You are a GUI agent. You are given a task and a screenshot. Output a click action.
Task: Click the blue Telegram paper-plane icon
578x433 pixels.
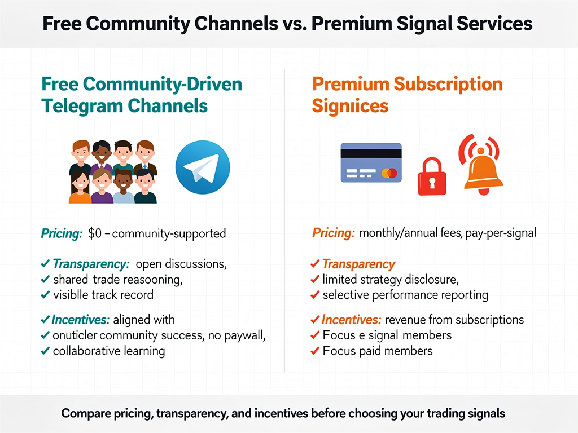coord(203,167)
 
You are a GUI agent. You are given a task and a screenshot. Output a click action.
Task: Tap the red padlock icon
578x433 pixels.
coord(432,176)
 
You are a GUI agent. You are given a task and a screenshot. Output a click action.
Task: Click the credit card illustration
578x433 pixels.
coord(371,162)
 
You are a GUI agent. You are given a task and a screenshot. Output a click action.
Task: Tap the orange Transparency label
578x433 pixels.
coord(358,264)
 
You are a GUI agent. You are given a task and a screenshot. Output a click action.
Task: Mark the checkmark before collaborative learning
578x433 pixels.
coord(45,351)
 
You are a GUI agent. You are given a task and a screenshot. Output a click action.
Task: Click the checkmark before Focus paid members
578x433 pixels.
coord(315,351)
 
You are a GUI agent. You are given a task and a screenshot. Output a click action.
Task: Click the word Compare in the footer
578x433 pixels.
coord(84,413)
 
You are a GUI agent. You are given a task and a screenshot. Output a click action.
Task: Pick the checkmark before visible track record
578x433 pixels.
coord(45,294)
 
